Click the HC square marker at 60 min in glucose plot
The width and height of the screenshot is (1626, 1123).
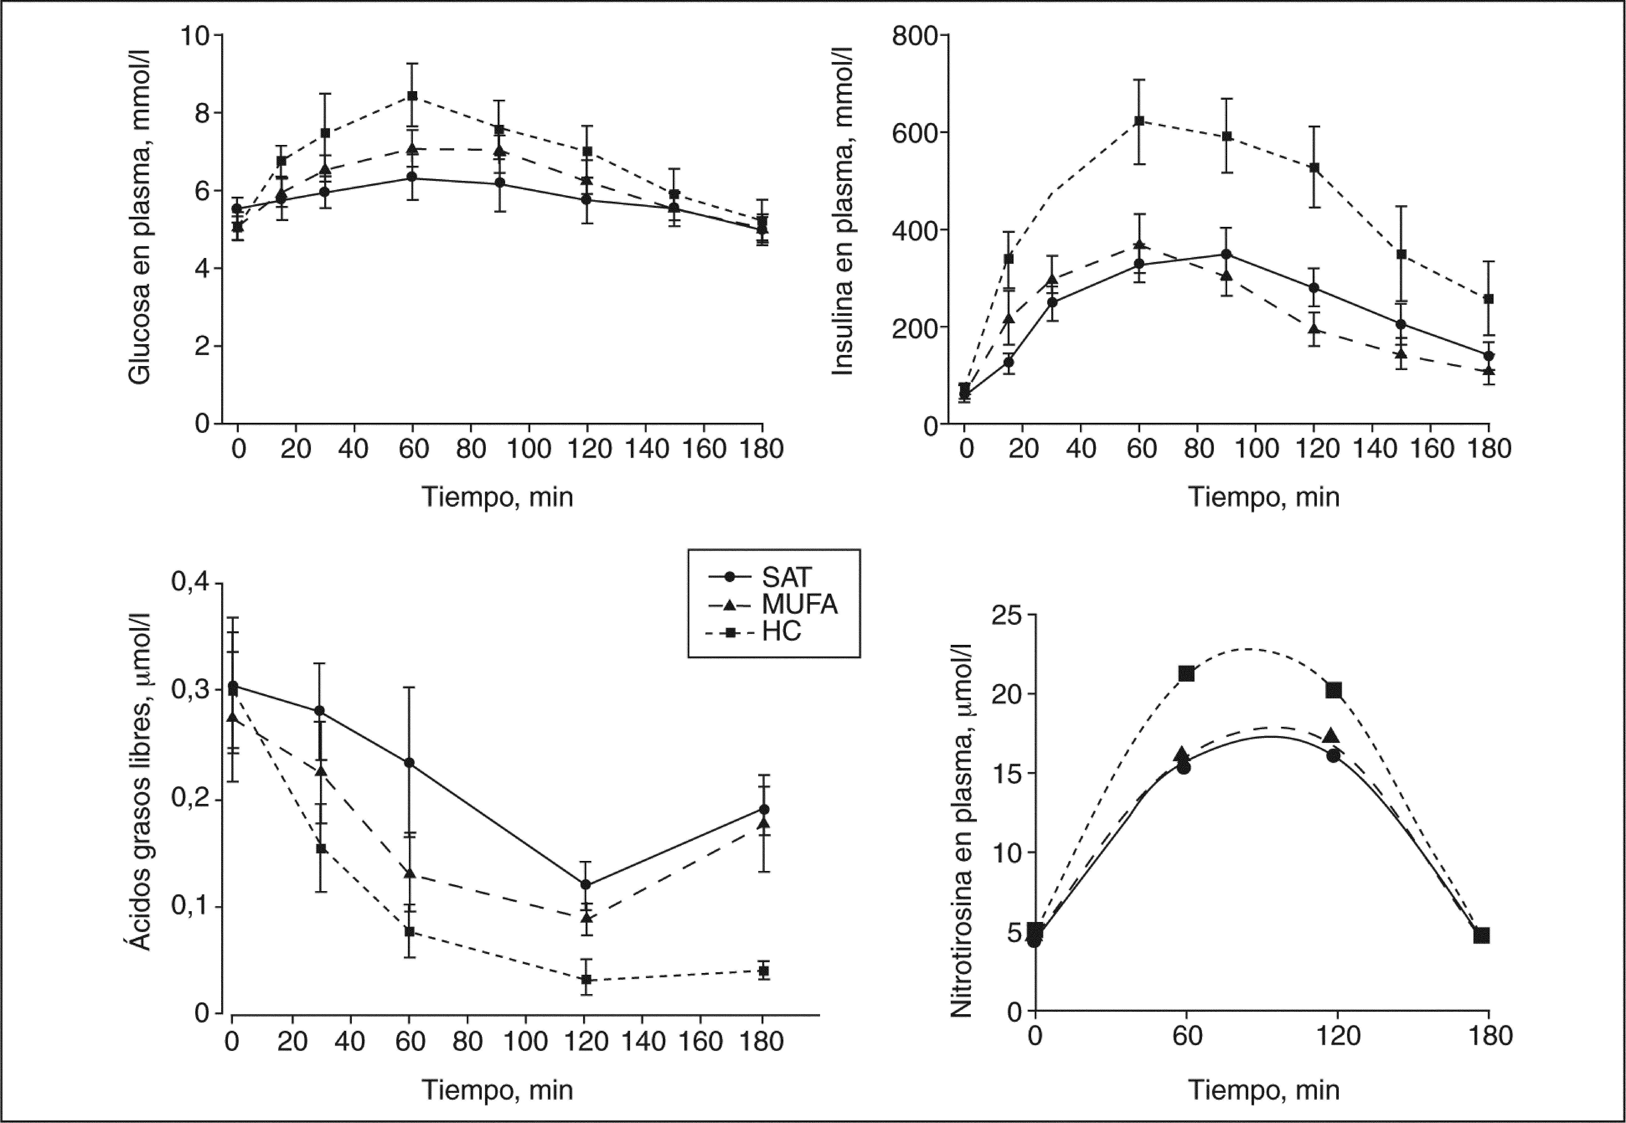(x=412, y=96)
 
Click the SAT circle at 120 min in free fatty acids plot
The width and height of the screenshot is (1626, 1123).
(x=585, y=885)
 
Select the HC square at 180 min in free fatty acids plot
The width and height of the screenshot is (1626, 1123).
(x=763, y=971)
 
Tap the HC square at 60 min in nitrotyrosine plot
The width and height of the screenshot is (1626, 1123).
(x=1186, y=673)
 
